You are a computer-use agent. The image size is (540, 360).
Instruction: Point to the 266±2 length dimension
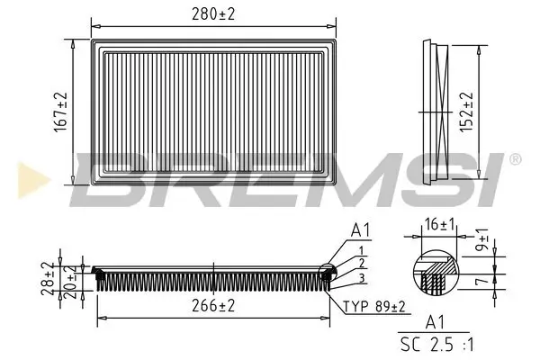212,307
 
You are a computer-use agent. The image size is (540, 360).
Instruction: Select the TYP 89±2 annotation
375,308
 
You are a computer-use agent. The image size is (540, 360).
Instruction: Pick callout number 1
360,249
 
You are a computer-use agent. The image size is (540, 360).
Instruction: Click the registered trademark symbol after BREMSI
514,159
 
